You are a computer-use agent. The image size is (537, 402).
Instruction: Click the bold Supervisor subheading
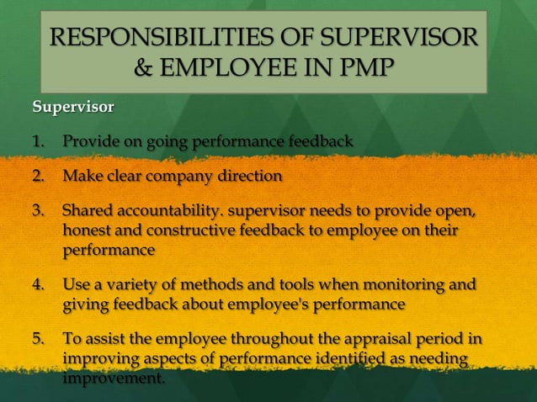click(72, 108)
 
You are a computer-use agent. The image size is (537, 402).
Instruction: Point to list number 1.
click(39, 140)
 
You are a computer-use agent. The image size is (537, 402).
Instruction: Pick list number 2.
click(39, 176)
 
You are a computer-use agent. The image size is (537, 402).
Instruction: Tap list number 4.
click(39, 284)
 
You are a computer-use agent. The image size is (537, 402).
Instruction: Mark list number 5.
click(39, 340)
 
